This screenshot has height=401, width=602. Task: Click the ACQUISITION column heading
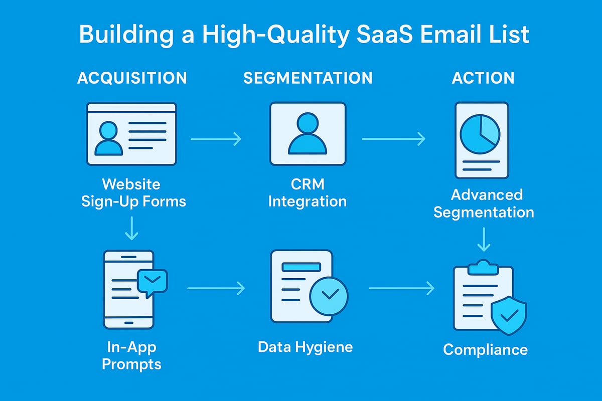click(132, 78)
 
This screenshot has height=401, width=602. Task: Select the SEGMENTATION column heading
click(308, 78)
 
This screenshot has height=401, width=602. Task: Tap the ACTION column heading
click(483, 78)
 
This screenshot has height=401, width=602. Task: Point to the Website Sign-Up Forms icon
click(131, 134)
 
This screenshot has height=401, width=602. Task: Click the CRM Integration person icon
click(308, 134)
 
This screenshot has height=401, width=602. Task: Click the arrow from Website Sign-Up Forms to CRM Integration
click(216, 139)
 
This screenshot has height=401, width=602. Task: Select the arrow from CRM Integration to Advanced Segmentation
click(393, 139)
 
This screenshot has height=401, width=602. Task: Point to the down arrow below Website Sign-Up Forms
click(132, 229)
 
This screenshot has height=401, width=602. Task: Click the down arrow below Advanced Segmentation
click(483, 239)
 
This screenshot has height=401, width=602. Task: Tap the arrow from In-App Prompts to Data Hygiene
click(216, 288)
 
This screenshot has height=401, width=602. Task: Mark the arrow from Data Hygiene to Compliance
click(401, 288)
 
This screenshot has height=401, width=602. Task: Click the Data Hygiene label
click(305, 346)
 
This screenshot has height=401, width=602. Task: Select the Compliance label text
click(485, 349)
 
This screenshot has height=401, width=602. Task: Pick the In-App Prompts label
click(132, 355)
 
